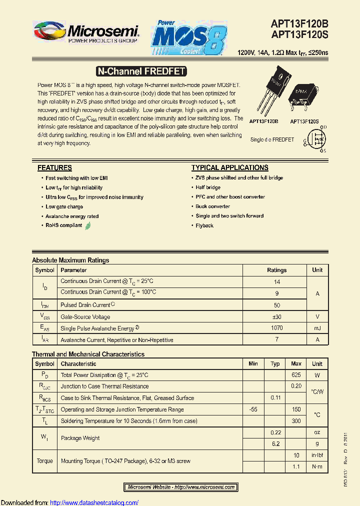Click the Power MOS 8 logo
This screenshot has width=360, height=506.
(189, 38)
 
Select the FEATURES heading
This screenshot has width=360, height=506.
(54, 168)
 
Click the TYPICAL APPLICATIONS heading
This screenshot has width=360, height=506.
(229, 168)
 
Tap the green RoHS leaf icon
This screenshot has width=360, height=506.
(88, 225)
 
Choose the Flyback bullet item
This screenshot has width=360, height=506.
(204, 225)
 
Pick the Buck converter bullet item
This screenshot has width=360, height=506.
(212, 206)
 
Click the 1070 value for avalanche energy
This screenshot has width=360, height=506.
(276, 328)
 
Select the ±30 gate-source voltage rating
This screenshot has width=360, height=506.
(276, 316)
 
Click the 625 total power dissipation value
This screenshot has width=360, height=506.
(296, 375)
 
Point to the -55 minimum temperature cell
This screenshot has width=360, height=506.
(253, 409)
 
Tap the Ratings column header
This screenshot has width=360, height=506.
(276, 270)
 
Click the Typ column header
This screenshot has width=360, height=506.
(275, 364)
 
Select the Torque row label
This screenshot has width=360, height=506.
(44, 461)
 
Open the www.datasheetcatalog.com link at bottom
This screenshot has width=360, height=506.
(94, 502)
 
